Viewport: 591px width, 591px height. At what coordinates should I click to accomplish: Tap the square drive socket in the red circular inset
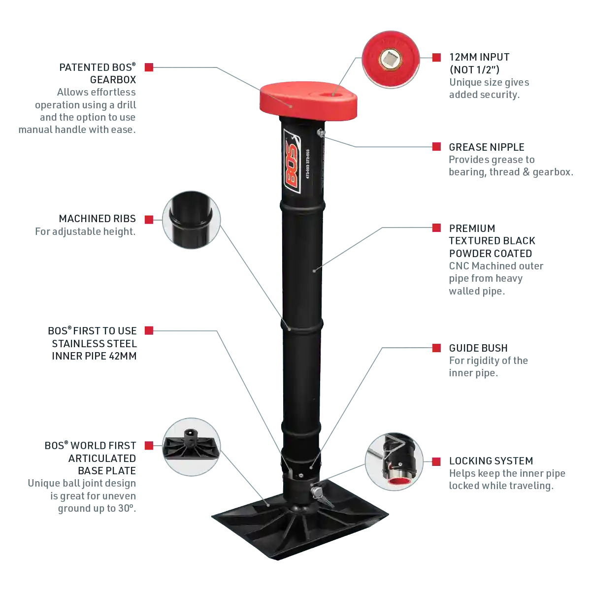pos(391,60)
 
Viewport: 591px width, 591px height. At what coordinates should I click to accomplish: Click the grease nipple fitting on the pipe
pos(321,133)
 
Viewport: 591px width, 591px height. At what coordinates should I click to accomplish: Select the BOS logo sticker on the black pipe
pos(292,161)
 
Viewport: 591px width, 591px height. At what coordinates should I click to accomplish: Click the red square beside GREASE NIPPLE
pos(436,147)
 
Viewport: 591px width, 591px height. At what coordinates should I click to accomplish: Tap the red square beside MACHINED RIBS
pos(149,220)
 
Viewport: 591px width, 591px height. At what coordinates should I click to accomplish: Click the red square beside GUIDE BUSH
pos(436,348)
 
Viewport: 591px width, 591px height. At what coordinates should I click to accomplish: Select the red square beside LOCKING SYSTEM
pos(436,461)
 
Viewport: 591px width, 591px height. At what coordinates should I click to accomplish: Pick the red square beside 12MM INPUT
pos(436,57)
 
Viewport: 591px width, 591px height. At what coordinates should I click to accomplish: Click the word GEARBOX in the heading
pos(113,80)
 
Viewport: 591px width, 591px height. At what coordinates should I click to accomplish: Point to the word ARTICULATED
pos(102,458)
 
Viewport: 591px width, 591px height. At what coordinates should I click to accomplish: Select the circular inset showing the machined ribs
pos(192,220)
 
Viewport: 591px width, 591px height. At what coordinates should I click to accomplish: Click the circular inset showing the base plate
pos(192,447)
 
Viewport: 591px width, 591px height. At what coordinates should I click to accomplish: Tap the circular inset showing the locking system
pos(394,461)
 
